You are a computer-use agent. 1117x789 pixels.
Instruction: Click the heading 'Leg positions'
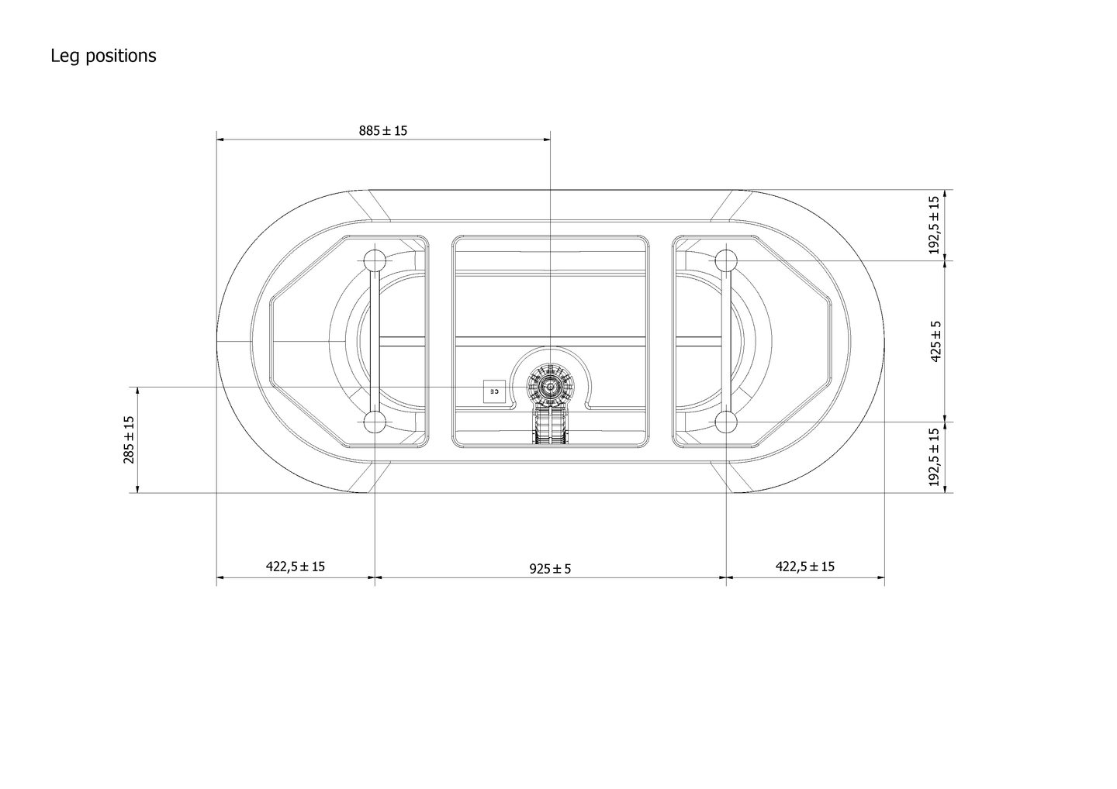[x=103, y=56]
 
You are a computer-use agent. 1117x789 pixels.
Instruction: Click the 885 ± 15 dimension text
[x=382, y=130]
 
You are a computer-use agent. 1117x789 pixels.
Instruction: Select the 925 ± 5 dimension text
[x=550, y=569]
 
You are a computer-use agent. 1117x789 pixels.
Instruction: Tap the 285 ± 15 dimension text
[x=129, y=439]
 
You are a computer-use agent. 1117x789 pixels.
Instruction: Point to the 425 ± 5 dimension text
[x=935, y=341]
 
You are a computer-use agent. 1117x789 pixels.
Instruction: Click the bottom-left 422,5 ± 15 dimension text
[x=296, y=567]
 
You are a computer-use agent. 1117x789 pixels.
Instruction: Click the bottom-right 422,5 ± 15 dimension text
[x=805, y=567]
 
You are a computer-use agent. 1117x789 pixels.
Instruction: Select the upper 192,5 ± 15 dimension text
[x=935, y=225]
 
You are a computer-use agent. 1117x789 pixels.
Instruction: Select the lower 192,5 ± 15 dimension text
[x=935, y=457]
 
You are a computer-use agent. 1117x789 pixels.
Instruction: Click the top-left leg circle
[x=375, y=260]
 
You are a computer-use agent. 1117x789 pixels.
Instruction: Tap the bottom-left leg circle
[x=375, y=422]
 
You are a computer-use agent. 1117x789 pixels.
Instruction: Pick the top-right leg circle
[x=726, y=260]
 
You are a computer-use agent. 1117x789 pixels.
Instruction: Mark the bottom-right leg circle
[x=726, y=422]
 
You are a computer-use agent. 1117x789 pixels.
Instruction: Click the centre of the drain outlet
[x=550, y=386]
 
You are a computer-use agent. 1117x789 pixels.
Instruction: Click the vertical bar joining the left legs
[x=375, y=341]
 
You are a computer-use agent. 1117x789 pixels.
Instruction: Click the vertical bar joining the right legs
[x=726, y=341]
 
